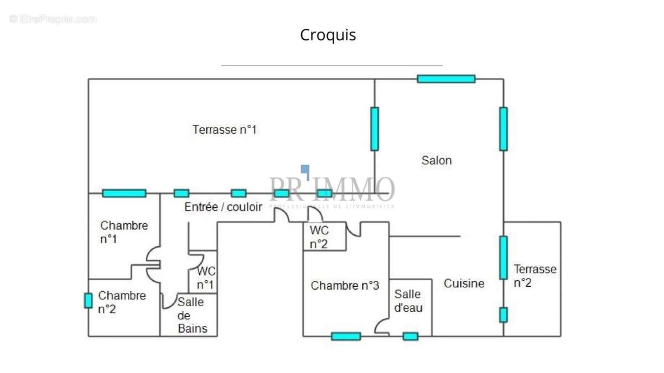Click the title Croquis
328,35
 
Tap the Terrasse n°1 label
225,130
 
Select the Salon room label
437,160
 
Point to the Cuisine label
464,283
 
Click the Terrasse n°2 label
535,276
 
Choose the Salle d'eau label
408,301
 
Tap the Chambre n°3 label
345,286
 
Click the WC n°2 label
319,237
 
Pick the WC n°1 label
206,278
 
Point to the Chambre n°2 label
122,302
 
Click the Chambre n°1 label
124,232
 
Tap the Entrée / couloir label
224,207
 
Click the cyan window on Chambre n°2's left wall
88,300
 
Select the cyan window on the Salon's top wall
446,79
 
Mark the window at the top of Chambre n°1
124,193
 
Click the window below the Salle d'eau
410,336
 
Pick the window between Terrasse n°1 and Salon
375,129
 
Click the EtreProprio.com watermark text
53,19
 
